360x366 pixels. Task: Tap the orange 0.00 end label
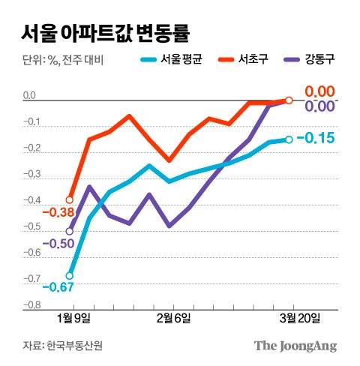point(318,91)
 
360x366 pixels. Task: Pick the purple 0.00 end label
point(318,107)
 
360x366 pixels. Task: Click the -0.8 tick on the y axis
point(30,305)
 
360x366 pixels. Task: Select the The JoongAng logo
point(295,346)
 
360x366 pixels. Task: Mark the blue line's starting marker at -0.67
point(70,276)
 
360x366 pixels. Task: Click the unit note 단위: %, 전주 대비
point(60,59)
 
